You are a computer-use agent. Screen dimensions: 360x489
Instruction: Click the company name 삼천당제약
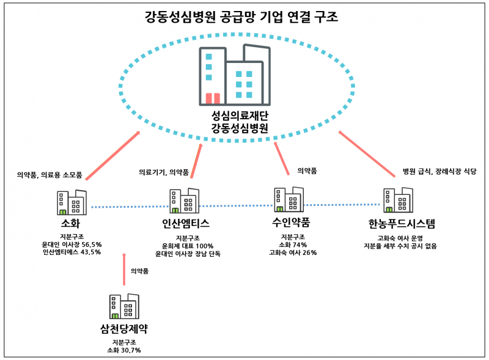[x=125, y=328]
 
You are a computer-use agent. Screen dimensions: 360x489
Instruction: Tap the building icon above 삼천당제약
[x=124, y=305]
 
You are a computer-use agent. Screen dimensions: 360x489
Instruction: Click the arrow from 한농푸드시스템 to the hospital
[x=367, y=153]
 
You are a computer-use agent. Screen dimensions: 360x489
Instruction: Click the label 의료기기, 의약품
[x=164, y=172]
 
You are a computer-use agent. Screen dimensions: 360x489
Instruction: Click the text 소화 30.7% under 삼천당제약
[x=125, y=350]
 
